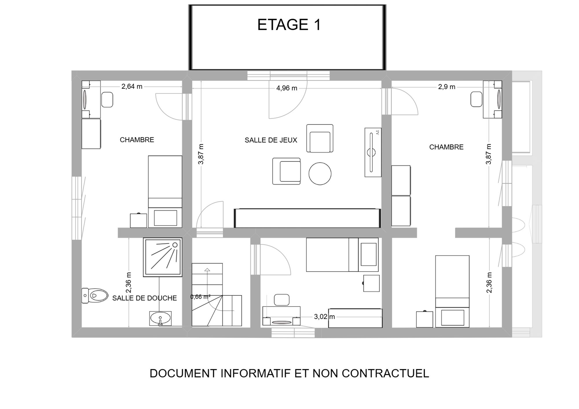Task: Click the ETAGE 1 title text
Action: tap(289, 25)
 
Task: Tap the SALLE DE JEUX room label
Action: tap(271, 140)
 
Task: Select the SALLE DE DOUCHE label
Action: tap(144, 298)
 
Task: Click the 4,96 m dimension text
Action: tap(287, 88)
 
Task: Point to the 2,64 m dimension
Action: tap(132, 86)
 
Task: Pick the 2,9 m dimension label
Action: tap(447, 87)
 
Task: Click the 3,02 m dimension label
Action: tap(324, 317)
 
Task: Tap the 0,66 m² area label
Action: tap(200, 297)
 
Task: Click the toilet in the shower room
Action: tap(95, 295)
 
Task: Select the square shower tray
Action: tap(163, 257)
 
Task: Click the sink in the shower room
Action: tap(160, 318)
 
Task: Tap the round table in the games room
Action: tap(320, 173)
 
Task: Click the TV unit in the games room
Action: tap(373, 152)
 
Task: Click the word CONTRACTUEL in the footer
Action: tap(385, 373)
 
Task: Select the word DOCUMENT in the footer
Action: tap(183, 373)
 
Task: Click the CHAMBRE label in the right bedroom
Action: tap(446, 147)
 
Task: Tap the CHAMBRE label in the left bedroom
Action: tap(137, 140)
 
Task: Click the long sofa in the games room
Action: tap(307, 218)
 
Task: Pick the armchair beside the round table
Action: tap(287, 171)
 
